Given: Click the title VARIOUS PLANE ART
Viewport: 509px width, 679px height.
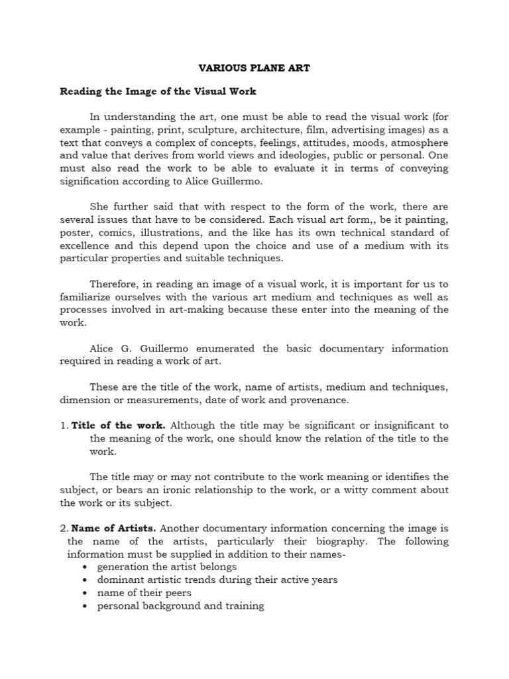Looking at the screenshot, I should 254,67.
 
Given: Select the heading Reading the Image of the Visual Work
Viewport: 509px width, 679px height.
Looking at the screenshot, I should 158,91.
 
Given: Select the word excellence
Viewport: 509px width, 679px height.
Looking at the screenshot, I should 86,245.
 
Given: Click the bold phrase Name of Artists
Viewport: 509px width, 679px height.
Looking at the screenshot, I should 113,528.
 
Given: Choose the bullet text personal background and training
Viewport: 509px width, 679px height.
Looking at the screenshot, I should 180,605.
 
